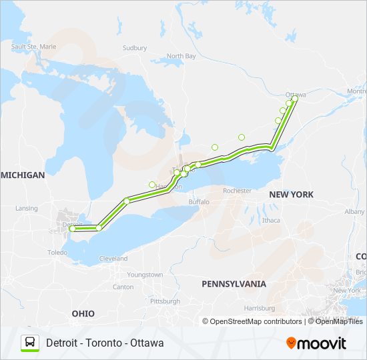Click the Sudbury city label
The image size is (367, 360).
pos(134,48)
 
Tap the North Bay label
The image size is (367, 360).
pos(181,57)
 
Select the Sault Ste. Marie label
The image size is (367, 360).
pos(33,47)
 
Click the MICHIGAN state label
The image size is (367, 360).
pos(23,175)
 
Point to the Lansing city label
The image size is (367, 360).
pos(27,209)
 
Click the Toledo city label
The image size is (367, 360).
pos(57,253)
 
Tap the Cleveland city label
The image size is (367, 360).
pos(113,259)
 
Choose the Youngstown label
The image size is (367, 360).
pos(145,275)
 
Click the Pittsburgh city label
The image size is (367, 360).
pos(165,301)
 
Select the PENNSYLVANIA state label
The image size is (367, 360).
pos(234,284)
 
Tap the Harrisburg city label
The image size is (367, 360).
pos(260,309)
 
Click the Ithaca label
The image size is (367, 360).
pos(271,220)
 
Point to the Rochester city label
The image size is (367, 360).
pos(237,191)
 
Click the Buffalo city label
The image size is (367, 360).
pos(198,201)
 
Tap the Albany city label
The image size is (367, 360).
pos(354,211)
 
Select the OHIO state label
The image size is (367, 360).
pos(83,313)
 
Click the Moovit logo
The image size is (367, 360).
pos(316,343)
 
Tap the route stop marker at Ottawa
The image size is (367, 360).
pos(294,99)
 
